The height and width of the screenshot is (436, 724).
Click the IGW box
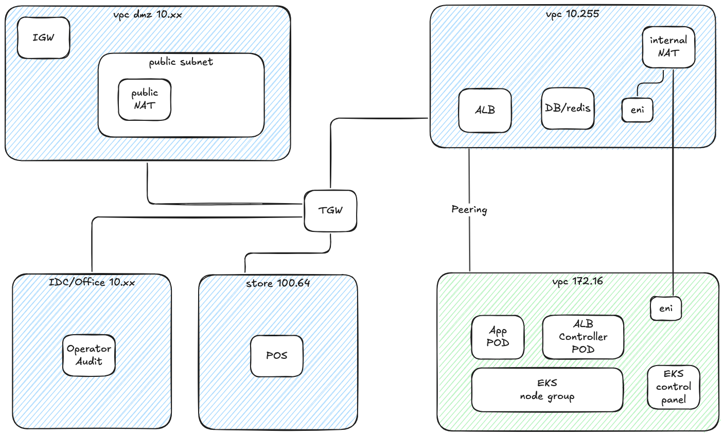coord(43,38)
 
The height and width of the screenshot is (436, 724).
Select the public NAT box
coord(145,99)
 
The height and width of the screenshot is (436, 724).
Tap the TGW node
coord(330,210)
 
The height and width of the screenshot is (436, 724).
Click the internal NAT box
coord(668,46)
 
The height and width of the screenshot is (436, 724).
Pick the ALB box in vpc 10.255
coord(485,110)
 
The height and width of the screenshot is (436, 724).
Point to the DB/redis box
coord(568,108)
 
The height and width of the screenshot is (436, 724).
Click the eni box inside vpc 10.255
coord(637,110)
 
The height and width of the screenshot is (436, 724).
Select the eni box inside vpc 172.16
coord(666,308)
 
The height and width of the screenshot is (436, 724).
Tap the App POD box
coord(498,337)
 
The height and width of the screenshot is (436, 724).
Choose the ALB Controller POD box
coord(583,337)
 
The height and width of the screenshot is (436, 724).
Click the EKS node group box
coord(547,390)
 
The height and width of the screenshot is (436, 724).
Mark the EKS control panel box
coord(674,387)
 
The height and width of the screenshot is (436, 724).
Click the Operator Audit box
coord(89,355)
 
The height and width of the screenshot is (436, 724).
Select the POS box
coord(276,355)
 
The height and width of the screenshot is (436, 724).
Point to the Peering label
coord(469,210)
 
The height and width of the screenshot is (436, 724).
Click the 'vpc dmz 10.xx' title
coord(147,14)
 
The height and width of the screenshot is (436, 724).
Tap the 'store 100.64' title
coord(278,283)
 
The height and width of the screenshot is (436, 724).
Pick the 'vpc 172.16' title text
coord(577,281)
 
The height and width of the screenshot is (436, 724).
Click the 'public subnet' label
coord(181,62)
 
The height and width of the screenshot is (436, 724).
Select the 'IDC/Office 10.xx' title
coord(92,282)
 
